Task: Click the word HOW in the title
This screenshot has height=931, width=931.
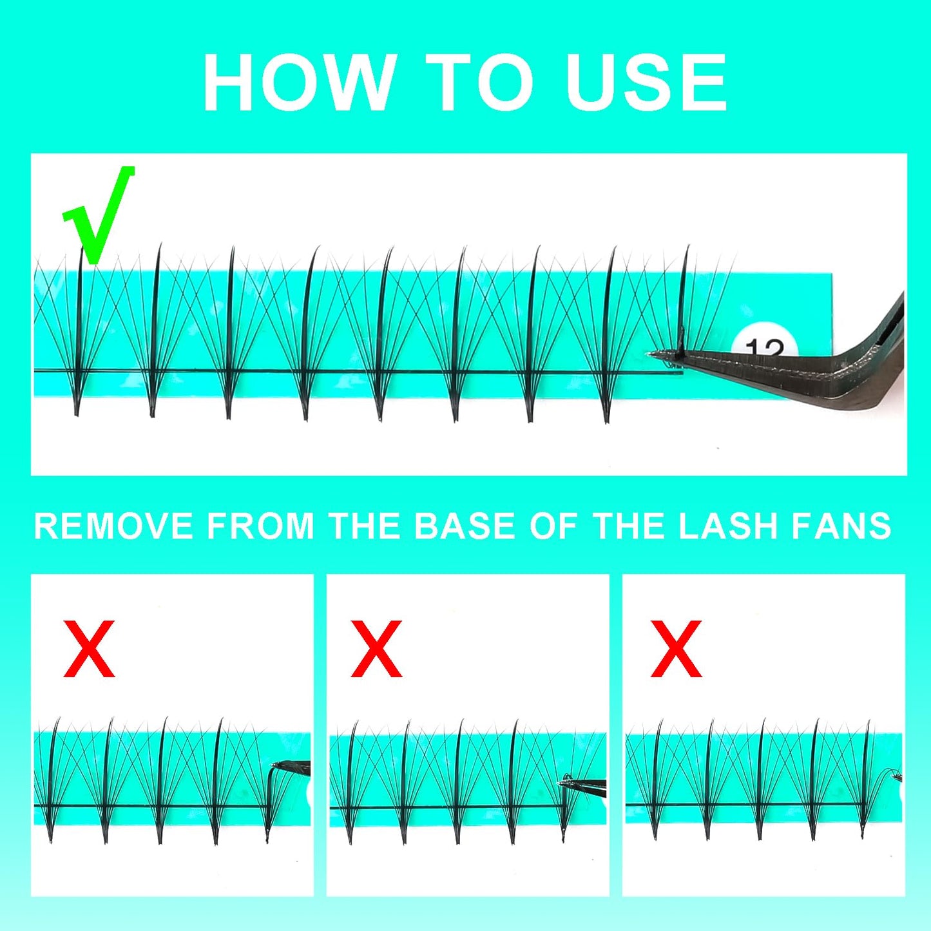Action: pos(298,82)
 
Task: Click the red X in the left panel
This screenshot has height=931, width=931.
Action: pos(89,649)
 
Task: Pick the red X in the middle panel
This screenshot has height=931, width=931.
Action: pos(376,649)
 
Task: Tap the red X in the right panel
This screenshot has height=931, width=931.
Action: pos(676,649)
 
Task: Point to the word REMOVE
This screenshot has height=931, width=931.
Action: pos(114,526)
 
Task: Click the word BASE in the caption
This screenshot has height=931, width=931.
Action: pos(465,526)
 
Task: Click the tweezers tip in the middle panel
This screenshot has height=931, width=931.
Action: pos(562,783)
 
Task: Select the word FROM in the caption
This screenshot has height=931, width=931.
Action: pos(261,526)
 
